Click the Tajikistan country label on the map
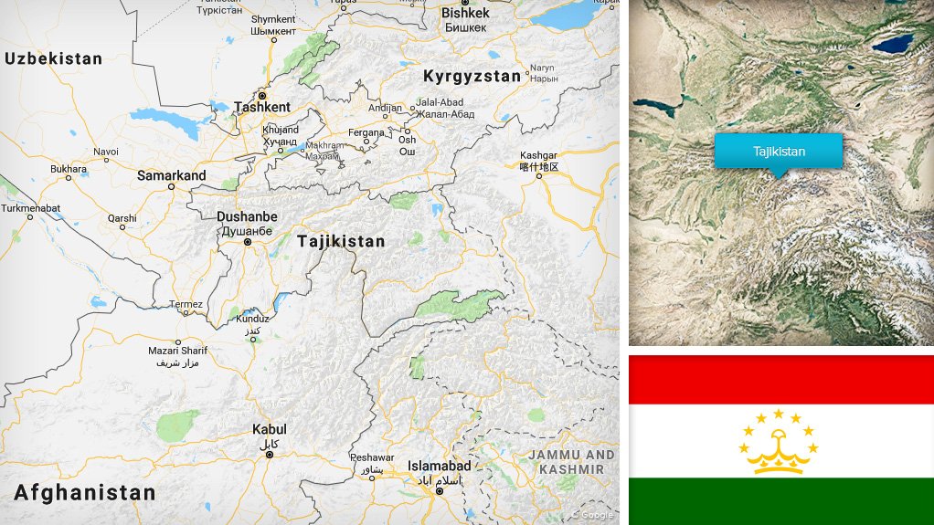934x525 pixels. [x=341, y=242]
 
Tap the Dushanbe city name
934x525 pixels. [x=246, y=217]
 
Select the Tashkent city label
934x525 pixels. [x=262, y=107]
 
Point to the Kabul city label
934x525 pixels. [x=269, y=429]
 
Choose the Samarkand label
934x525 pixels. [x=171, y=175]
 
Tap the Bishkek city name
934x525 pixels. [x=465, y=13]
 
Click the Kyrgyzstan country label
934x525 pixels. [x=472, y=77]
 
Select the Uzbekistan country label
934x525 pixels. [x=54, y=58]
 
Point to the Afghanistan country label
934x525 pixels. [x=84, y=493]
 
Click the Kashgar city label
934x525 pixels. [x=538, y=155]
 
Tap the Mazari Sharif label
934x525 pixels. [x=177, y=351]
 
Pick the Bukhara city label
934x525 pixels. [x=69, y=169]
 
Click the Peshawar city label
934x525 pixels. [x=371, y=458]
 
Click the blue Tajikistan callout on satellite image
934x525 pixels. [x=779, y=152]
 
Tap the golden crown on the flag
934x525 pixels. [x=779, y=448]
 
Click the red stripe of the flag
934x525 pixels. [x=780, y=379]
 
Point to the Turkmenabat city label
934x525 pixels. [x=31, y=208]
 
